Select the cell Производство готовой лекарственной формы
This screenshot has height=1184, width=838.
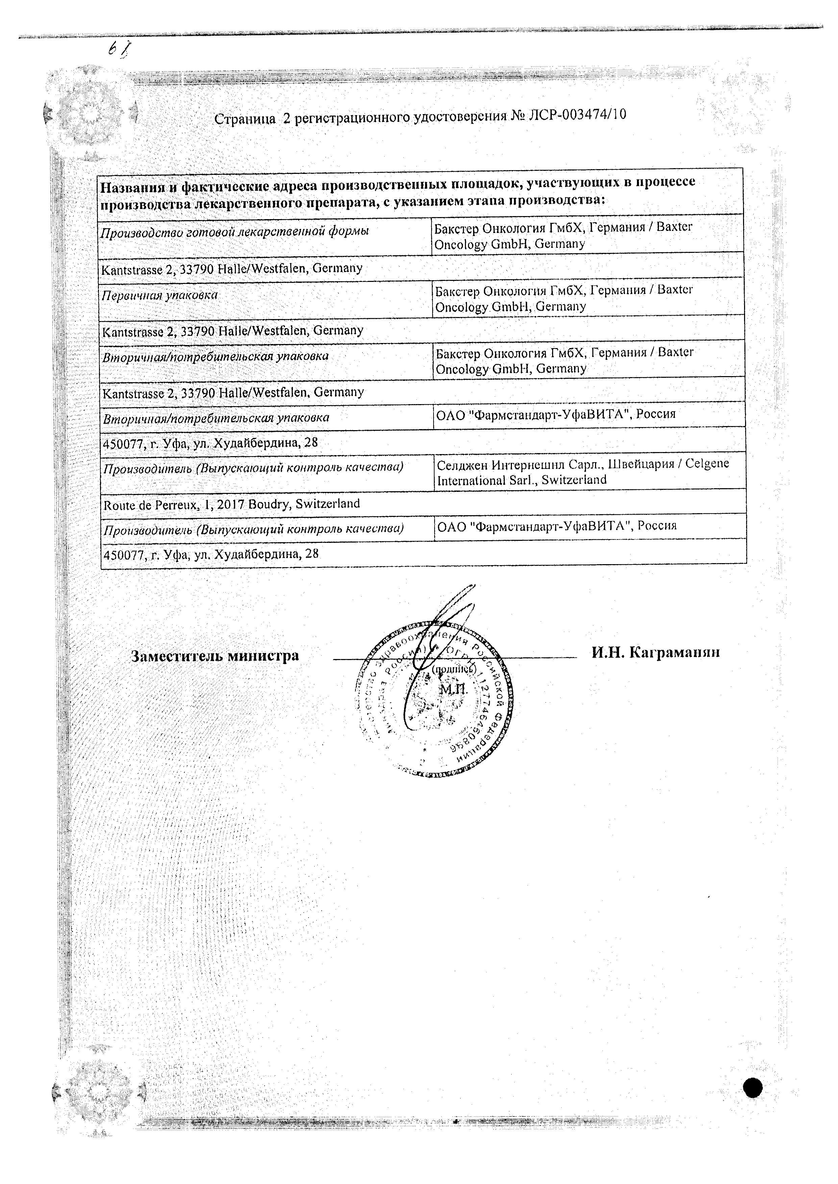click(x=235, y=232)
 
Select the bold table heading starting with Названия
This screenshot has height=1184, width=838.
click(x=397, y=191)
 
